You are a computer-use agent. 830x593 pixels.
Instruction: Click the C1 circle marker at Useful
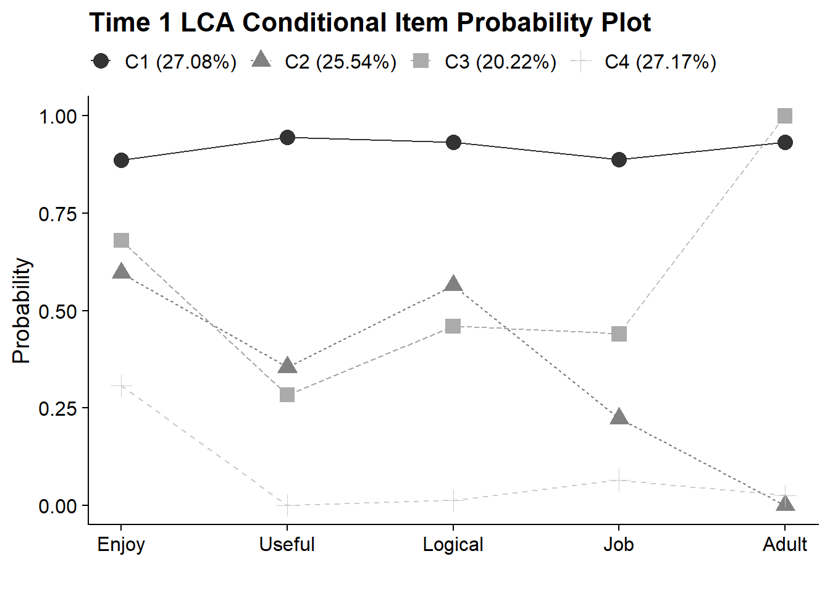click(x=287, y=137)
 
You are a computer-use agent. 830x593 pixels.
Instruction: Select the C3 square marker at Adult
click(x=784, y=116)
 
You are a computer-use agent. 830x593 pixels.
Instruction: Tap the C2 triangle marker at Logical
click(x=453, y=284)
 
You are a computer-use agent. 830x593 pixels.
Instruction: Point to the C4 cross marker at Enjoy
click(x=121, y=386)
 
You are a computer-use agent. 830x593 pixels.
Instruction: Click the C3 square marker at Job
click(x=619, y=334)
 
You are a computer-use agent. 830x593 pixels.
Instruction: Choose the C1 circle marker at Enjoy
click(x=121, y=161)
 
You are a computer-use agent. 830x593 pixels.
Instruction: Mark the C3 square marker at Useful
click(x=287, y=394)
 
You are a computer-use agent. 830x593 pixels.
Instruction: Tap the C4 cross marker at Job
click(x=619, y=480)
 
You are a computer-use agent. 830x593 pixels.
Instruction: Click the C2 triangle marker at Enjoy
click(x=121, y=272)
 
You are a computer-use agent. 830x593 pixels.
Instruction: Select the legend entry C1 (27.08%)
click(x=164, y=62)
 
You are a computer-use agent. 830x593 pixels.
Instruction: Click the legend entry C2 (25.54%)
click(x=325, y=62)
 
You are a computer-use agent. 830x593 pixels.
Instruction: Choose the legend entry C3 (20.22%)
click(x=485, y=62)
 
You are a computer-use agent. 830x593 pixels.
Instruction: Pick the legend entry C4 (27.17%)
click(x=645, y=62)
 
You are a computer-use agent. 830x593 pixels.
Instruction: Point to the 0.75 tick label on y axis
click(x=58, y=214)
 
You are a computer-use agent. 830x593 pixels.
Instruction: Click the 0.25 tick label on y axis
click(x=58, y=408)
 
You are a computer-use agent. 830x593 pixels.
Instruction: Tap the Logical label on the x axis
click(x=453, y=544)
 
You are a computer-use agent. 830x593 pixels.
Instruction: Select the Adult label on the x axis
click(x=784, y=544)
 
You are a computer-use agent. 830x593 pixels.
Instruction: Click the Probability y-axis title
click(x=21, y=310)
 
